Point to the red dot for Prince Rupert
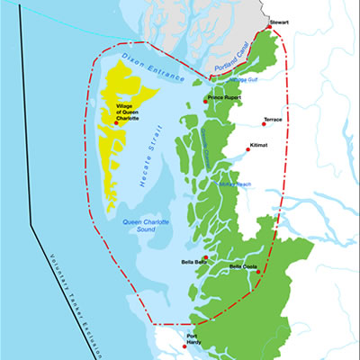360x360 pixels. tap(206, 102)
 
